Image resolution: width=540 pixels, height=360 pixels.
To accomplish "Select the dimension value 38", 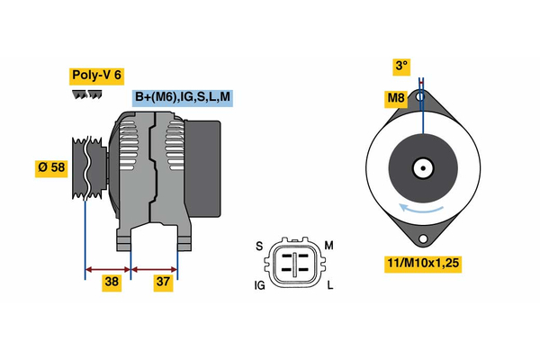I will (x=112, y=282).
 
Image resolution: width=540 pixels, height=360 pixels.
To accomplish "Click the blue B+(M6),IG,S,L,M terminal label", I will (x=181, y=97).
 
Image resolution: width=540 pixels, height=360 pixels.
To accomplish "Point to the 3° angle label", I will (x=400, y=65).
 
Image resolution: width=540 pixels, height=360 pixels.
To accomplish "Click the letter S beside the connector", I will (x=258, y=246).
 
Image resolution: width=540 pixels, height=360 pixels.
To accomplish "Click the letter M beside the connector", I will (x=328, y=246).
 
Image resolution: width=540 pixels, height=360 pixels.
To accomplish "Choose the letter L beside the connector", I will (x=329, y=285).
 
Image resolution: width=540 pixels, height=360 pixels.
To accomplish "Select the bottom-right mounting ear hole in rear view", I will (x=423, y=238).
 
